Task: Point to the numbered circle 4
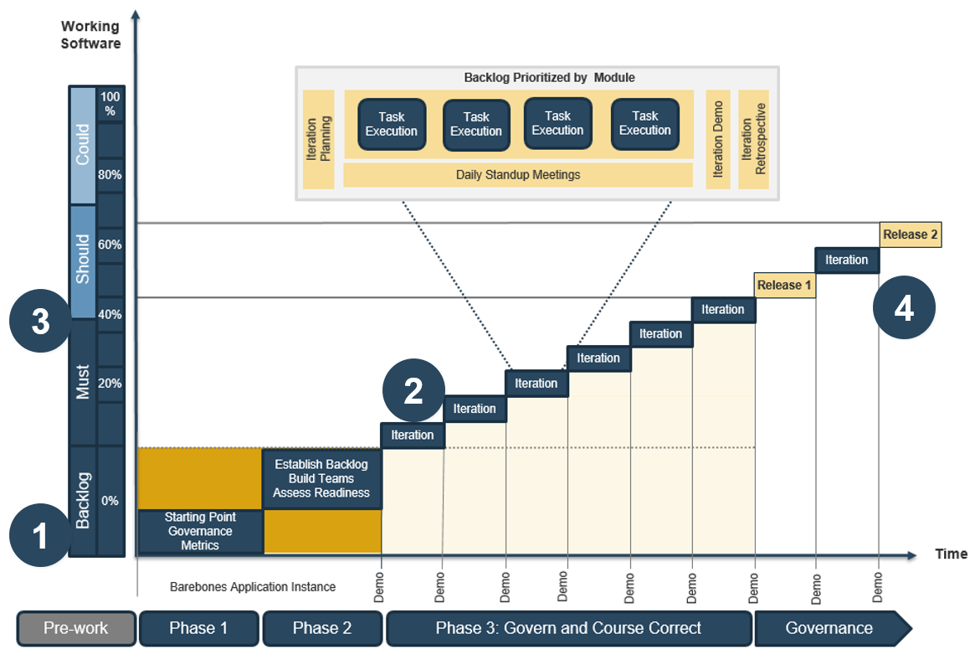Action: [x=904, y=309]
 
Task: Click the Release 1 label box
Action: [x=784, y=286]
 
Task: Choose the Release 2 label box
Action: [x=911, y=234]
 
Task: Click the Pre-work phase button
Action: [x=76, y=628]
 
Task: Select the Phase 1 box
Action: [x=199, y=628]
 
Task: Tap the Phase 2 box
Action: [x=322, y=628]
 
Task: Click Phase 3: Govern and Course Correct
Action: [x=568, y=628]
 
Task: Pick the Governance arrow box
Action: [x=829, y=628]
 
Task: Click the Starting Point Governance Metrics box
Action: [x=200, y=532]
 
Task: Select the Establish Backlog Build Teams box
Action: [x=321, y=479]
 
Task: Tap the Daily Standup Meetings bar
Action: [x=518, y=175]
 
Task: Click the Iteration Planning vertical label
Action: [x=319, y=139]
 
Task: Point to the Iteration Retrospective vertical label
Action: [x=753, y=139]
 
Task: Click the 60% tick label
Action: [x=110, y=245]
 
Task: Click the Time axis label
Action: [x=951, y=554]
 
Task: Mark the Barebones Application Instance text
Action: [x=253, y=587]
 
